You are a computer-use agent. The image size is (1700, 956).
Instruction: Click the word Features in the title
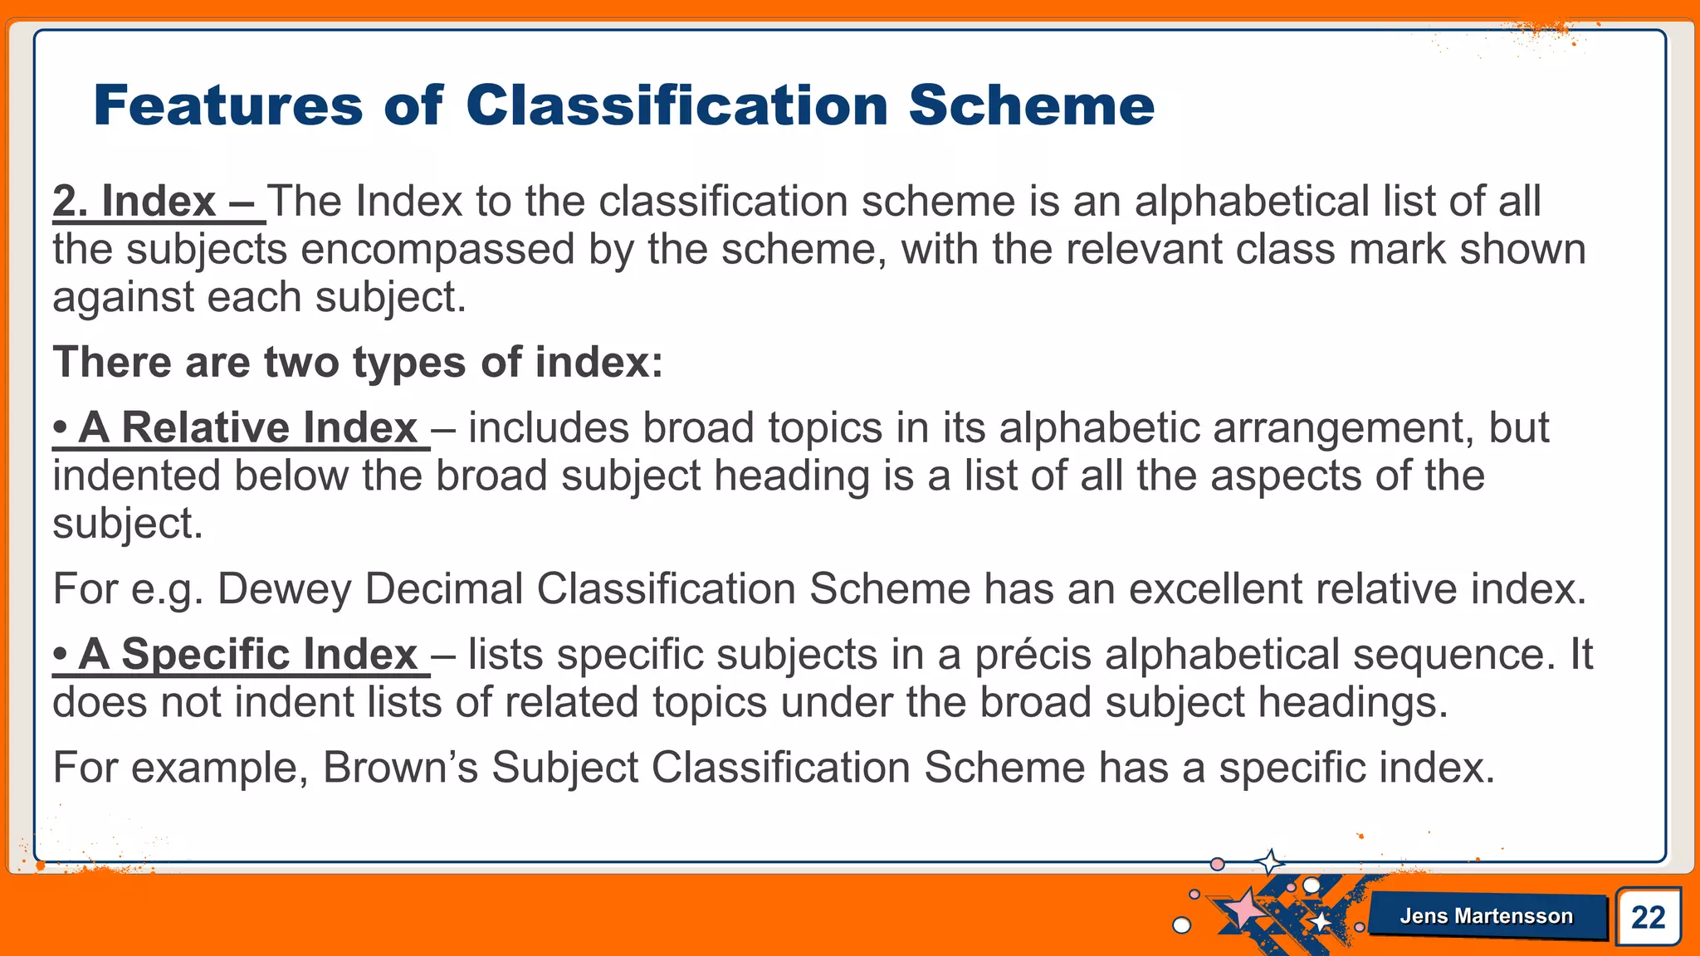pos(228,105)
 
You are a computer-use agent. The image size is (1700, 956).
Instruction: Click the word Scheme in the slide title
pos(1031,105)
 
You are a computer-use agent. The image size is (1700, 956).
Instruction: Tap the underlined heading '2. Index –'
pos(158,202)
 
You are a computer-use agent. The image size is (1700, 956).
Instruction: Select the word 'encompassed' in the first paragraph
pos(437,250)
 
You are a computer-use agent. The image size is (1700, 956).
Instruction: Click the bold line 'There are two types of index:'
pos(358,363)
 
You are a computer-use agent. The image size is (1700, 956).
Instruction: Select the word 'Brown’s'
pos(400,768)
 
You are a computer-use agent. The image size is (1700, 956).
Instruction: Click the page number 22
pos(1648,917)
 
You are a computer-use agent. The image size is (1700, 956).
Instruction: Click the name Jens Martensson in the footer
pos(1486,916)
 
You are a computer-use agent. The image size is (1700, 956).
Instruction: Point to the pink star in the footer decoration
pos(1243,908)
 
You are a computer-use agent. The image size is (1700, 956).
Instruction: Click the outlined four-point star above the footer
pos(1269,862)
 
